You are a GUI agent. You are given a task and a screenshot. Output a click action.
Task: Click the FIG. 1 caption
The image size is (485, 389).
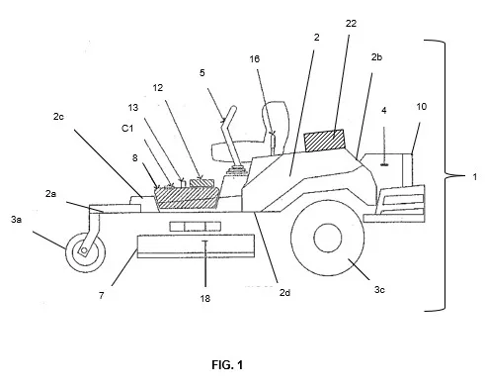point(227,365)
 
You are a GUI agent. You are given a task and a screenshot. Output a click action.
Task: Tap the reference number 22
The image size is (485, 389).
point(351,24)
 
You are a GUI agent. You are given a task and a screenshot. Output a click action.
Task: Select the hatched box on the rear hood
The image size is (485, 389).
point(325,141)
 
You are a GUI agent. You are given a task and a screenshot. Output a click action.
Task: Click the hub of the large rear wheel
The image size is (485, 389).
point(328,238)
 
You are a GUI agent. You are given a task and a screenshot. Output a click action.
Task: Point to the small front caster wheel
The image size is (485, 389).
point(86,252)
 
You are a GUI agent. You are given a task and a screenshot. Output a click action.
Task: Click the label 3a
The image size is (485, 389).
point(16,219)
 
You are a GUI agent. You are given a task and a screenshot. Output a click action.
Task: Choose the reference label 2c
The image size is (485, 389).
point(58,117)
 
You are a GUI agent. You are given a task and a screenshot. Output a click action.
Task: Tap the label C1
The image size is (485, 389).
point(127,129)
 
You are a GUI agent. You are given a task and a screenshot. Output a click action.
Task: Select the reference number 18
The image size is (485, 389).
point(204,299)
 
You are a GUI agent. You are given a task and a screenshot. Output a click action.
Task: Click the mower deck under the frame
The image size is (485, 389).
point(196,246)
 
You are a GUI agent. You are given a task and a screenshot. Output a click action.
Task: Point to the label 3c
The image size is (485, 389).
point(379,290)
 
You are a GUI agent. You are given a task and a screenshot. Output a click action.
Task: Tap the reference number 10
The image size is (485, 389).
point(422,107)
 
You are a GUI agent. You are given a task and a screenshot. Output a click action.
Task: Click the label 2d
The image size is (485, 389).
point(284,292)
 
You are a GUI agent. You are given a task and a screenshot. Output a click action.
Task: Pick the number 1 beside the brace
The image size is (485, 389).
point(475,177)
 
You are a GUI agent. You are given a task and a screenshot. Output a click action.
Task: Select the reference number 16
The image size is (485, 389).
point(255,59)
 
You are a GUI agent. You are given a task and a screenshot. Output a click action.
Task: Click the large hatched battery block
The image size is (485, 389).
point(187,198)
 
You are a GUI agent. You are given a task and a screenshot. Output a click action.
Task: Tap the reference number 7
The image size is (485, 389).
point(102,295)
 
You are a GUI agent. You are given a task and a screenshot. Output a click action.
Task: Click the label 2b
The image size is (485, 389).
point(376,57)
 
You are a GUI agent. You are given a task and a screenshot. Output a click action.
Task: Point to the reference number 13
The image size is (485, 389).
point(133,108)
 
